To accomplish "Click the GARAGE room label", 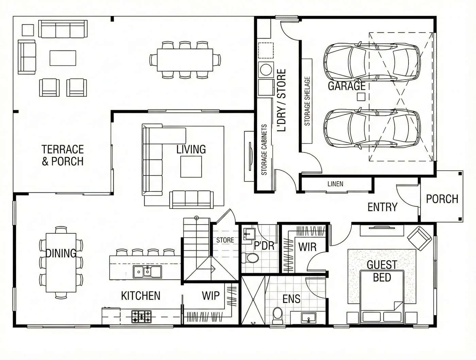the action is tap(346, 86).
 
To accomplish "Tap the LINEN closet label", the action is tap(335, 184).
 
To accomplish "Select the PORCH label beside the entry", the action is tap(442, 199).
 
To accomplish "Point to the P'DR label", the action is tap(264, 246).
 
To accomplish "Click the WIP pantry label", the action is tap(210, 295).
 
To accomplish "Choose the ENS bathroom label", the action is tap(291, 299).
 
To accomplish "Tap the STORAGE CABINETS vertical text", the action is tap(264, 150).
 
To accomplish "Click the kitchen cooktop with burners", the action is tap(141, 316).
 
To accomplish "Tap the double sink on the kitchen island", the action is tap(147, 272).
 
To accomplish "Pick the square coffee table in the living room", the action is tap(191, 167).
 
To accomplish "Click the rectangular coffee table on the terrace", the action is tap(63, 58).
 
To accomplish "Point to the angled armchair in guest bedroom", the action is tap(419, 238).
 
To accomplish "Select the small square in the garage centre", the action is tap(361, 97).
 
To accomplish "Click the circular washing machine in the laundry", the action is tap(266, 70).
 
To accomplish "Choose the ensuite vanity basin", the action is tap(308, 318).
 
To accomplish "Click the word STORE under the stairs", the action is tap(225, 240).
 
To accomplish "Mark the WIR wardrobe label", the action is tap(307, 247).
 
